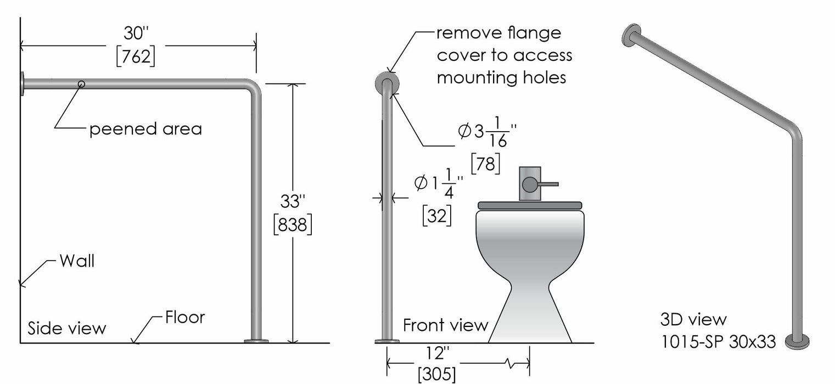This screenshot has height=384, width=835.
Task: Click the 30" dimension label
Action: [136, 34]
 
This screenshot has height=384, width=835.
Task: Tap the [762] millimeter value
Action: [136, 57]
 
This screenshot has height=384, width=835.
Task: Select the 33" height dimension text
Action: [292, 201]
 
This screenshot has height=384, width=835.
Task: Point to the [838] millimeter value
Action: [293, 224]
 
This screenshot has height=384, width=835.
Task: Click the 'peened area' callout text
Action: [146, 129]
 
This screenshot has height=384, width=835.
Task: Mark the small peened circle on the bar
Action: [81, 84]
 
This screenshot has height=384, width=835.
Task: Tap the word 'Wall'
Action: [77, 261]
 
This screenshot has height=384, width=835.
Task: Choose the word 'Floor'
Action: [185, 317]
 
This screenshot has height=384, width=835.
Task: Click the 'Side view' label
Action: [67, 328]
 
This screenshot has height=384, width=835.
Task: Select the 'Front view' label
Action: [445, 325]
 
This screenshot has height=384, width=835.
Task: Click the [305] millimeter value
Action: [437, 375]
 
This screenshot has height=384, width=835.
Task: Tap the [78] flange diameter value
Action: [485, 163]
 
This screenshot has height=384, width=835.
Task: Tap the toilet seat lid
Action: [530, 205]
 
